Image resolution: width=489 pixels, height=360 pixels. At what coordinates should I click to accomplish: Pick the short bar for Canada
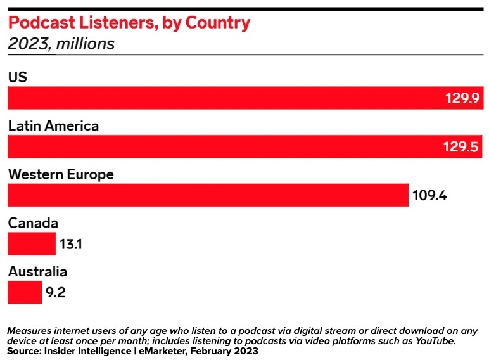pos(32,244)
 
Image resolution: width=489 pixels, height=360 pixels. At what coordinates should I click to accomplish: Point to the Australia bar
pos(25,293)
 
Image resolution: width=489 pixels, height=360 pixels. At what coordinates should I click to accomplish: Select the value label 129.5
pos(460,147)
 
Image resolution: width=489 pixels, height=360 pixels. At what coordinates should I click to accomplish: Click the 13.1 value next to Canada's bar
pos(71,244)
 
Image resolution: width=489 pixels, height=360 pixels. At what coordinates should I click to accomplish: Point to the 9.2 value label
pos(55,293)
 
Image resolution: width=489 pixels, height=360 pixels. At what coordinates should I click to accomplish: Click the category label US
pos(17,77)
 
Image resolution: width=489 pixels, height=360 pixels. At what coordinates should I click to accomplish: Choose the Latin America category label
pos(53,126)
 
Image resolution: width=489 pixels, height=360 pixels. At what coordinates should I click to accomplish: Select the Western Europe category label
pos(61,174)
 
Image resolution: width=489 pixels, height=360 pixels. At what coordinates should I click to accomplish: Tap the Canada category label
pos(33,223)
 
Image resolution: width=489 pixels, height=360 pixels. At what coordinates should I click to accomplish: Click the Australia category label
pos(37,272)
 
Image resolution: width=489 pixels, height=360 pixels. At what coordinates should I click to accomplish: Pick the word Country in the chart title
pos(219,23)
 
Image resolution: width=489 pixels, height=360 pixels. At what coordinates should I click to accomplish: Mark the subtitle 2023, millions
pos(61,44)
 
